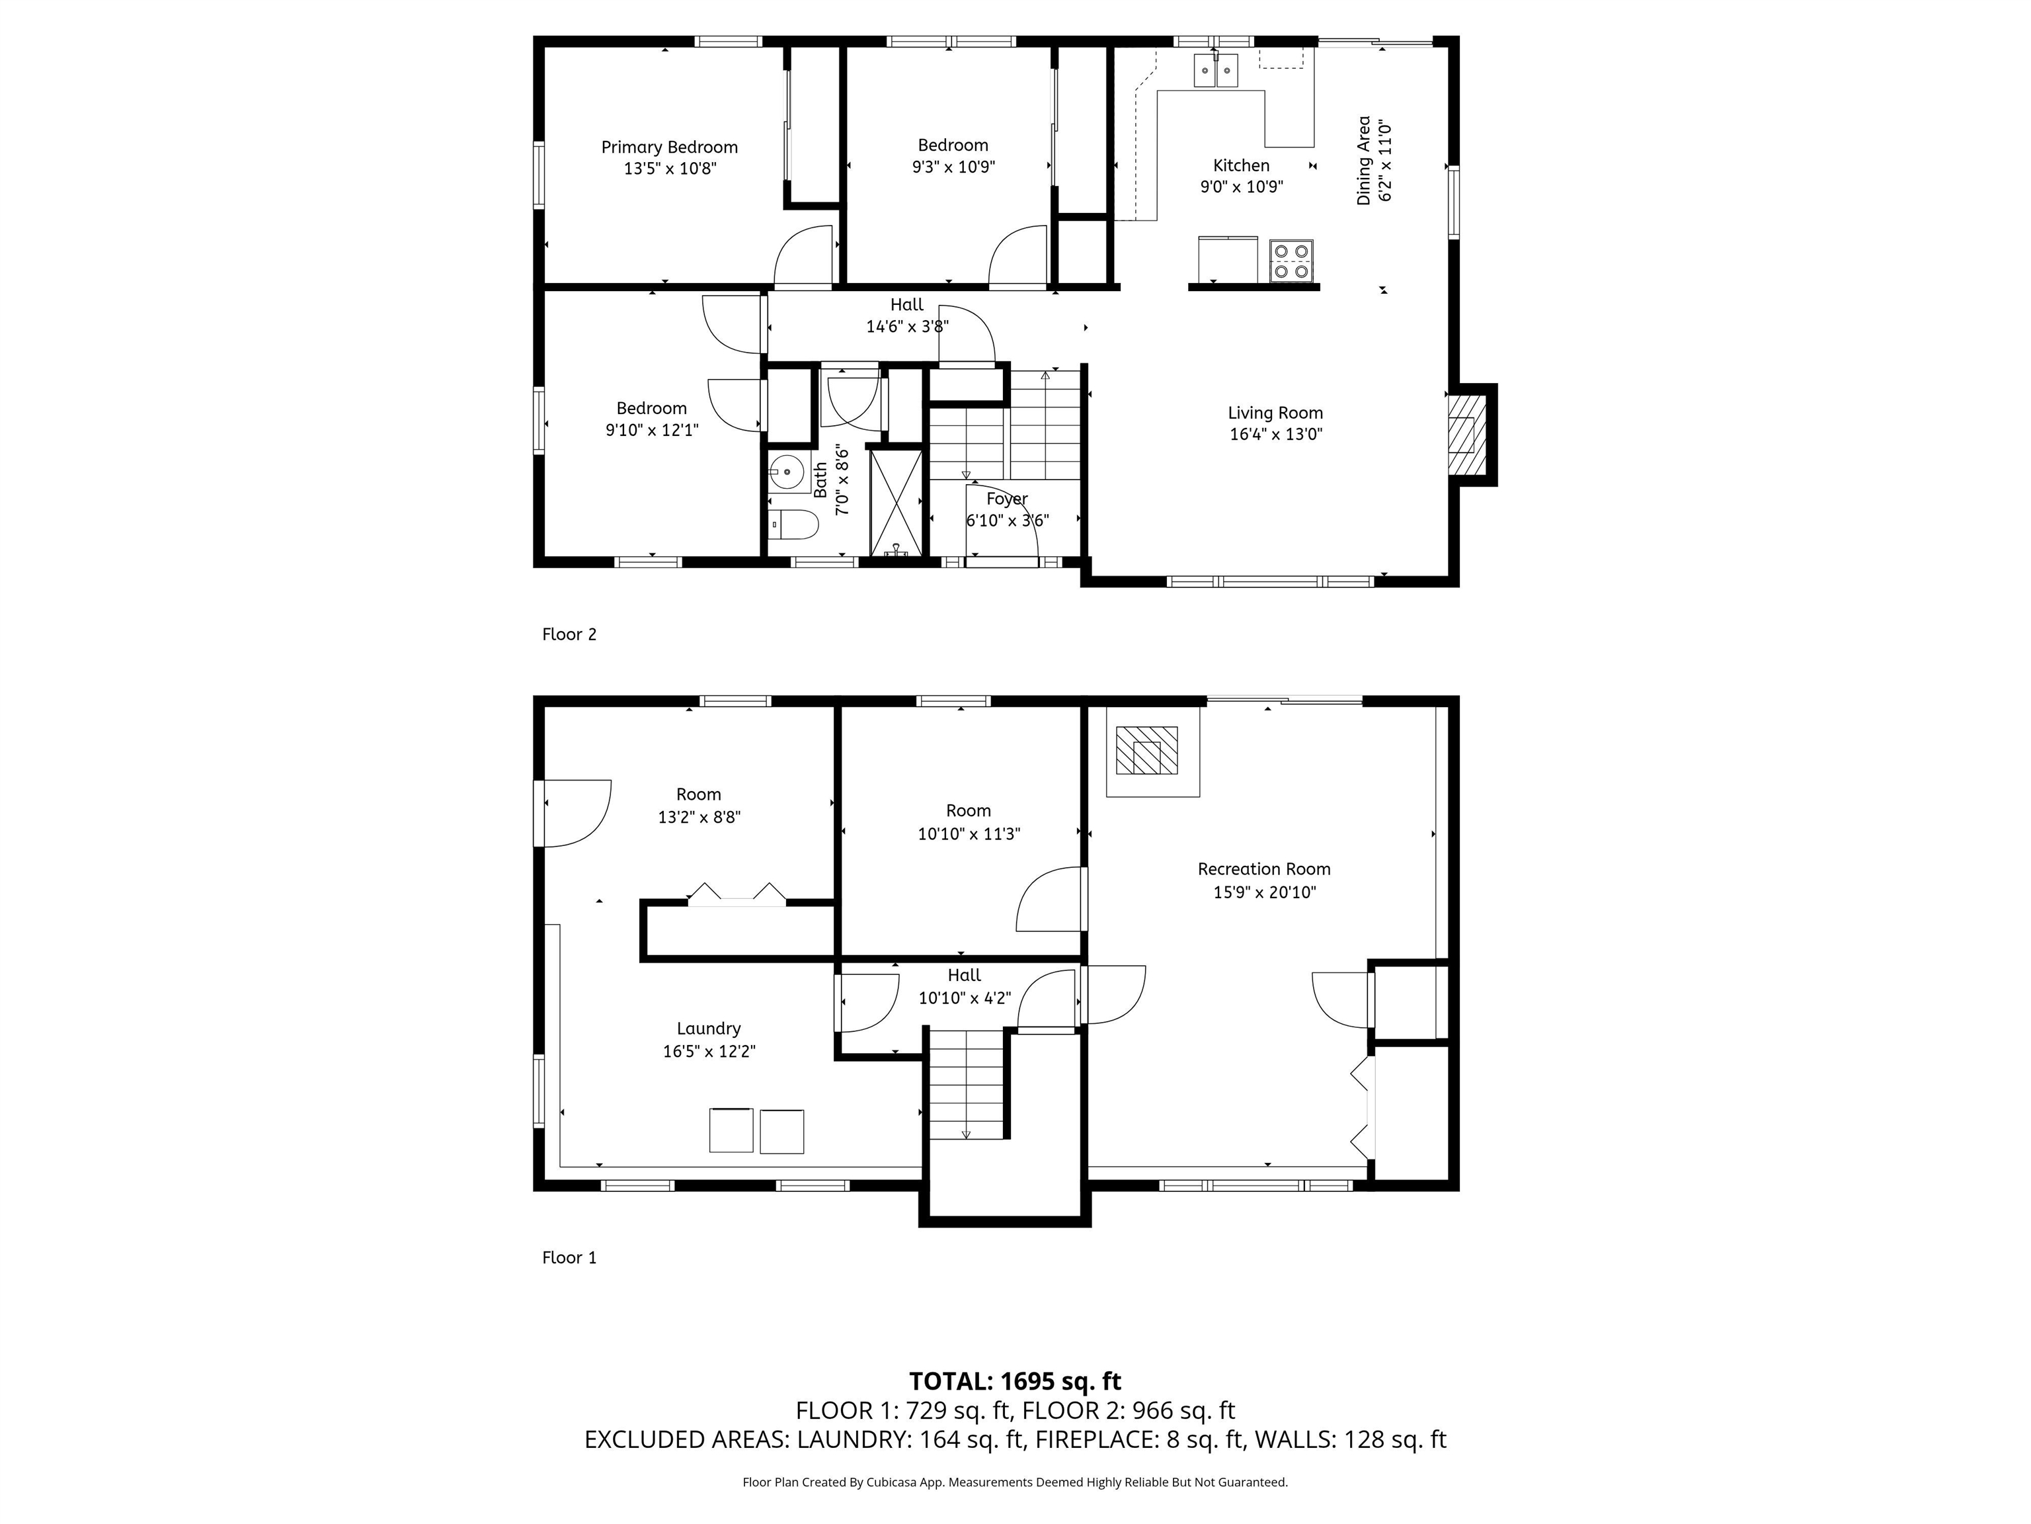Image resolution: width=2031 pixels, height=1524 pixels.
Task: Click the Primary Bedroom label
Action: coord(669,147)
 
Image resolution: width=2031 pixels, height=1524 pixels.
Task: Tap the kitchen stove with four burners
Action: coord(1291,260)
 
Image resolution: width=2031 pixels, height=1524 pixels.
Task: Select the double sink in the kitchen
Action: coord(1216,71)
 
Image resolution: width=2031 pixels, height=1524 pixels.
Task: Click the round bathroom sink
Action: coord(787,472)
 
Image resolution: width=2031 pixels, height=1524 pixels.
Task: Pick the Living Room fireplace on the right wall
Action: coord(1466,435)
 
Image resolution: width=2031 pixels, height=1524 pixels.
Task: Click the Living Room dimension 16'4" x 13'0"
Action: coord(1275,435)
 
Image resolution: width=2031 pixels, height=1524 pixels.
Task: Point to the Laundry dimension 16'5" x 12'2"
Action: coord(709,1051)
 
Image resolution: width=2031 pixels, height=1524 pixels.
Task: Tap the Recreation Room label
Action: coord(1263,869)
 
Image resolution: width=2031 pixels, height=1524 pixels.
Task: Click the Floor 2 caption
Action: coord(569,634)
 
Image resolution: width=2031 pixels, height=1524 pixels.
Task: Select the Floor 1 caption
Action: coord(569,1257)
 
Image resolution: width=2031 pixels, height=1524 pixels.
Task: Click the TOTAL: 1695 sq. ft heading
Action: coord(1015,1380)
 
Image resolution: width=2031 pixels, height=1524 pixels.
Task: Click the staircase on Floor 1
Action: coord(966,1084)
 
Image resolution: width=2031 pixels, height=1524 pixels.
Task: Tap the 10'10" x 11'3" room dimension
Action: coord(969,834)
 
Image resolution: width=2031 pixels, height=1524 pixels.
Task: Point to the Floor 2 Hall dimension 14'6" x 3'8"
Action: coord(906,326)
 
